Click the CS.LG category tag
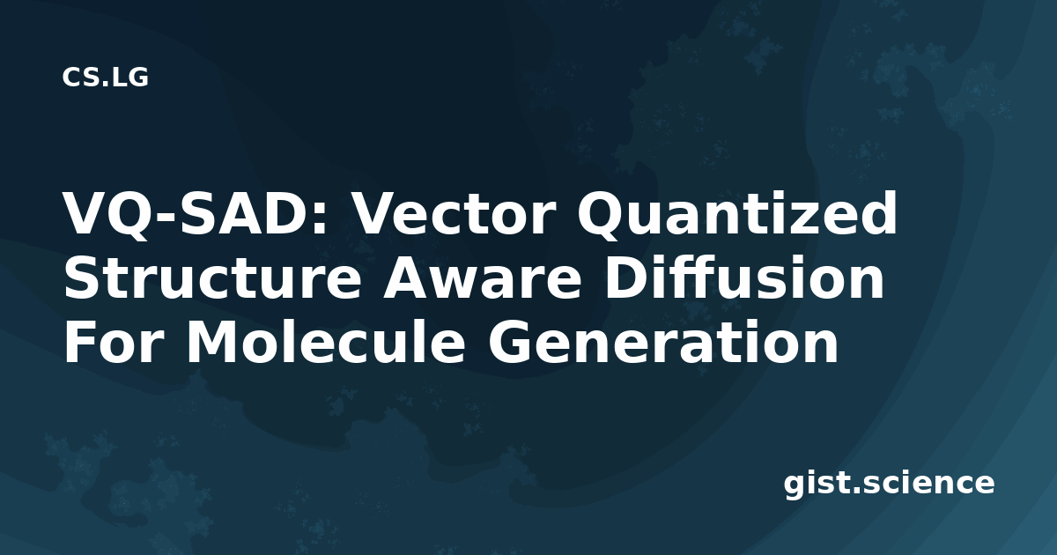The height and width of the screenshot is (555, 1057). (x=105, y=78)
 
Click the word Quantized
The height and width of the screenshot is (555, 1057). (x=737, y=214)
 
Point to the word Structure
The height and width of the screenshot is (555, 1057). (x=212, y=278)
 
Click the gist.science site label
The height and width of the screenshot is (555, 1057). (x=889, y=484)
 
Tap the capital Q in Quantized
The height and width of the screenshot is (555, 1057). (x=602, y=216)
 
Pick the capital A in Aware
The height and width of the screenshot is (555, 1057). (x=409, y=277)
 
